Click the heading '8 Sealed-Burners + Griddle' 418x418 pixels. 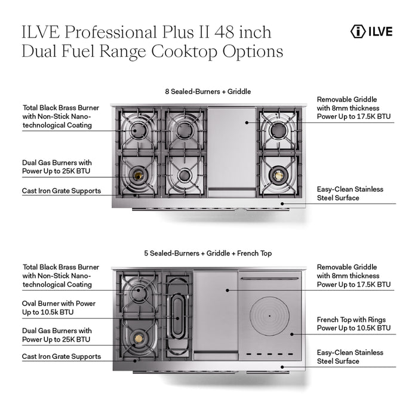click(208, 92)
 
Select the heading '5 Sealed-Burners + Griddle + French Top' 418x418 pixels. click(208, 253)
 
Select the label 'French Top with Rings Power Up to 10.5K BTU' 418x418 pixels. click(354, 324)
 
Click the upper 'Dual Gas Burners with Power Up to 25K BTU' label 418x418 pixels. click(57, 167)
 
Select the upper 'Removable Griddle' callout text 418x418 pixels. click(354, 107)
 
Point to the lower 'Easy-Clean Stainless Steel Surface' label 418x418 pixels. click(349, 357)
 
